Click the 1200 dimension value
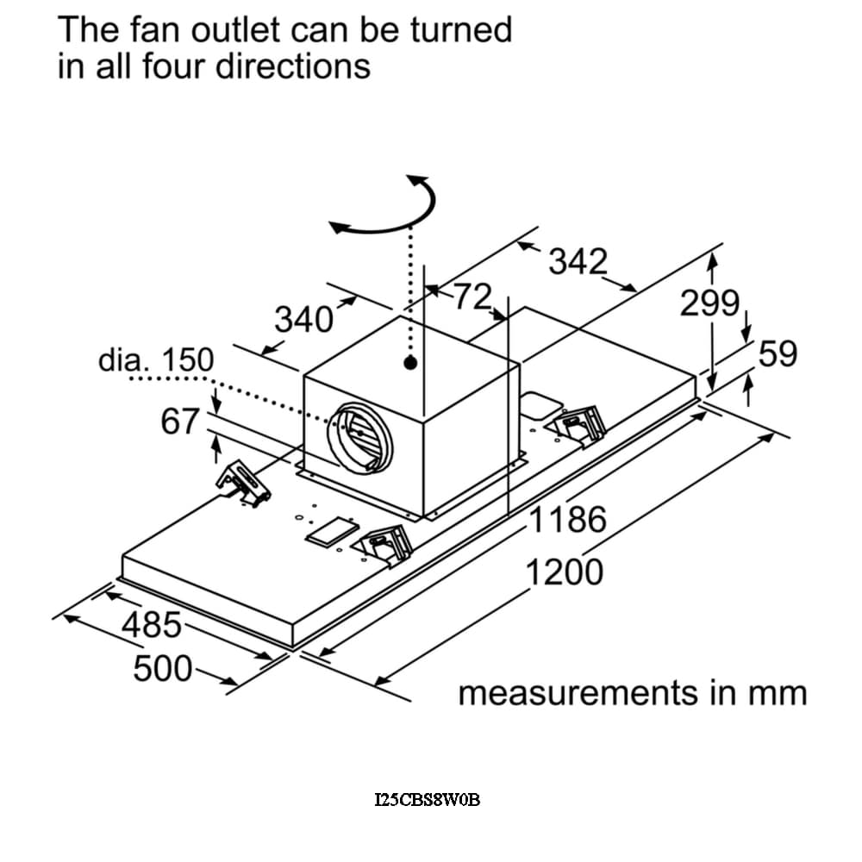565,571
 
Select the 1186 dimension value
567,520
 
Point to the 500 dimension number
163,667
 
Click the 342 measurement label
578,261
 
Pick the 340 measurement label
303,320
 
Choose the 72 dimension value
473,297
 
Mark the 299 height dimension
709,303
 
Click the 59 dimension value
778,353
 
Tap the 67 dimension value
180,422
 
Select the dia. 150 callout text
155,360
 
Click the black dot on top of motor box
410,363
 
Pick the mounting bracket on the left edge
243,484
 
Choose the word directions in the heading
292,66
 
